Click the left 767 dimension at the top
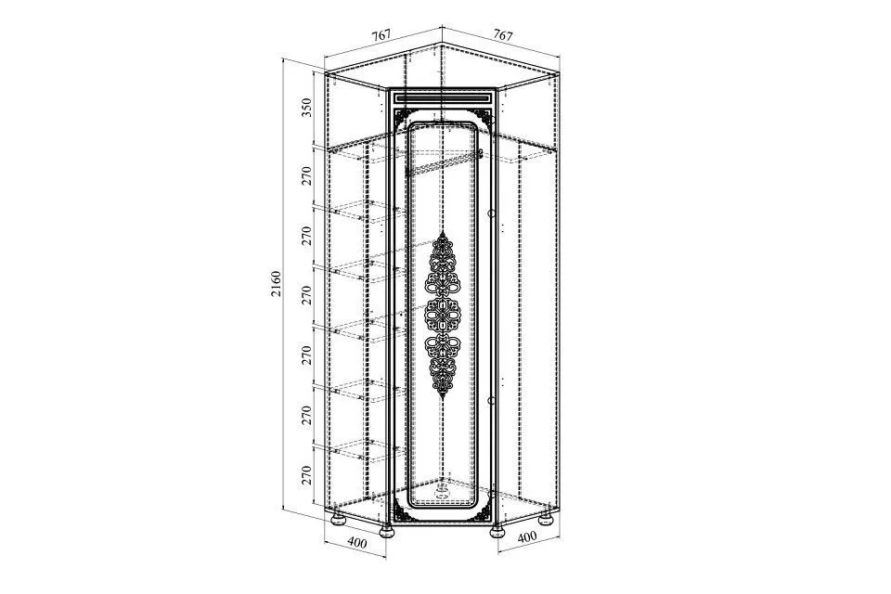[x=381, y=34]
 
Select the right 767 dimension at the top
[x=503, y=34]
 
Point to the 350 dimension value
[x=307, y=108]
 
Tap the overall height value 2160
[x=276, y=284]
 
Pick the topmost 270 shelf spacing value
[x=307, y=176]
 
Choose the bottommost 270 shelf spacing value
[x=307, y=475]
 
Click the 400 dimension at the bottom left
[x=356, y=543]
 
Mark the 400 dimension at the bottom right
[x=527, y=536]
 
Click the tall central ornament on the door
[x=443, y=315]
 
